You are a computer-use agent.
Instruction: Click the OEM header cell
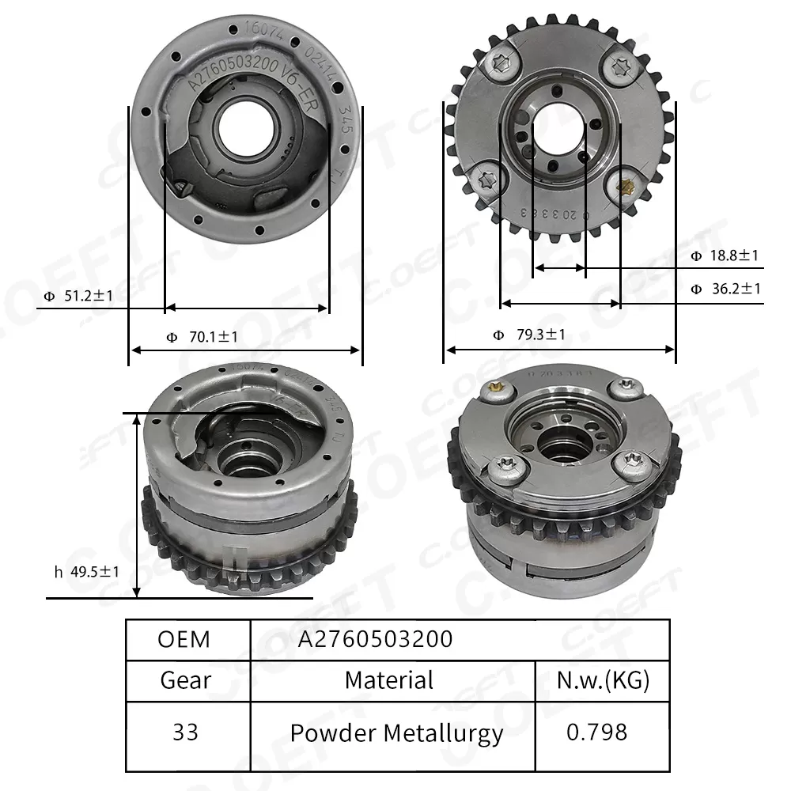coord(184,639)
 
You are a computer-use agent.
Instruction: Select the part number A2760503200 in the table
coord(375,639)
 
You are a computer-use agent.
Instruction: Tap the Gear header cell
coord(185,680)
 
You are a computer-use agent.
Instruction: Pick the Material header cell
coord(389,680)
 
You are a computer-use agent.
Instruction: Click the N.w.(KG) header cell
coord(603,680)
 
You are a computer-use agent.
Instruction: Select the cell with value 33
coord(185,732)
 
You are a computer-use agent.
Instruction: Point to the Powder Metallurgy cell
coord(396,733)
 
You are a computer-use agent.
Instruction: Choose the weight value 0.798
coord(597,732)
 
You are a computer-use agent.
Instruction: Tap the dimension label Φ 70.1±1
coord(202,337)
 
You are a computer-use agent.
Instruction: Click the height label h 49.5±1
coord(87,570)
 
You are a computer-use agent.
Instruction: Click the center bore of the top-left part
coord(244,127)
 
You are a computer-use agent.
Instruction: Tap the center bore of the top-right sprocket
coord(558,132)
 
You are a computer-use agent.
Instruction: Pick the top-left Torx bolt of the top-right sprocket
coord(499,66)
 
